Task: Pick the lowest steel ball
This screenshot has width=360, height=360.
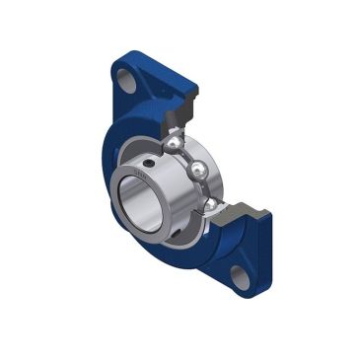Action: click(212, 204)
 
